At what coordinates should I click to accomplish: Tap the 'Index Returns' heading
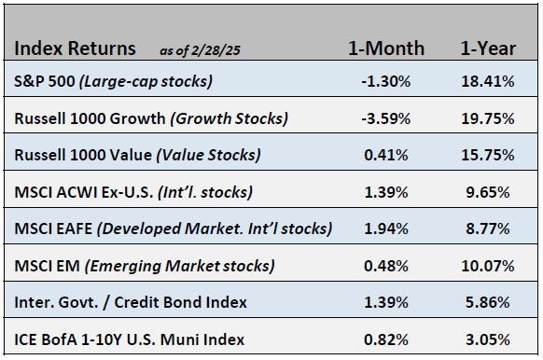tap(76, 48)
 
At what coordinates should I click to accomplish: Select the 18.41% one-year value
tap(488, 82)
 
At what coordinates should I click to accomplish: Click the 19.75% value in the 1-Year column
tap(488, 118)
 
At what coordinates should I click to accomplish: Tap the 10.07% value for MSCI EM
tap(488, 267)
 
